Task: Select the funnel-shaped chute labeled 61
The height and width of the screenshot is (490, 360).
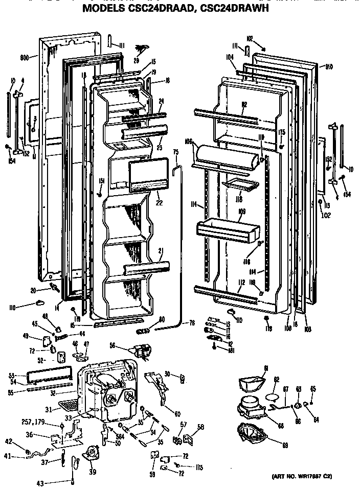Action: pyautogui.click(x=253, y=383)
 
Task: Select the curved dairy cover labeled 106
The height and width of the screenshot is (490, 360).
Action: pyautogui.click(x=224, y=156)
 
